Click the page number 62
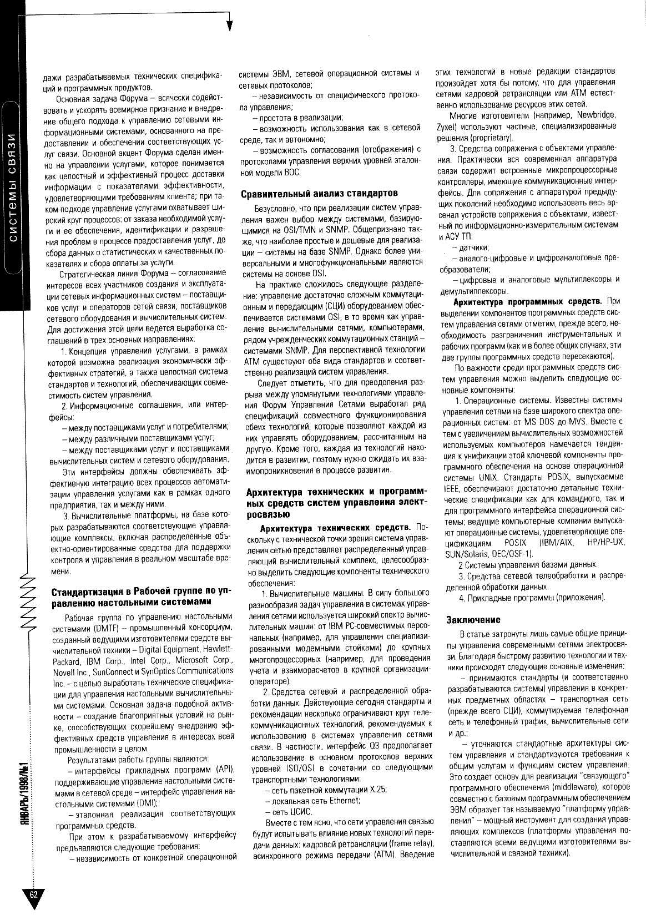(x=34, y=894)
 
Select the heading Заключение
(x=473, y=619)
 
